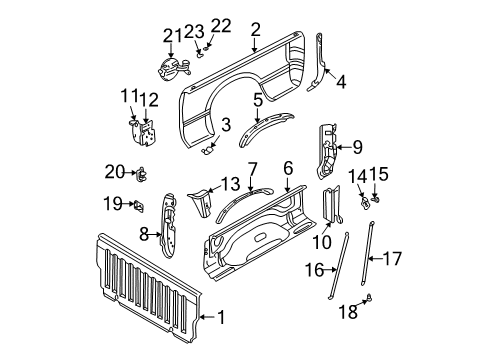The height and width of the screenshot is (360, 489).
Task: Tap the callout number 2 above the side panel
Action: pos(256,31)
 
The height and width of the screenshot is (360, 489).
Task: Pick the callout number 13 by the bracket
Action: pos(230,183)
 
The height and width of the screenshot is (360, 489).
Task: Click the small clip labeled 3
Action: pos(209,147)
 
